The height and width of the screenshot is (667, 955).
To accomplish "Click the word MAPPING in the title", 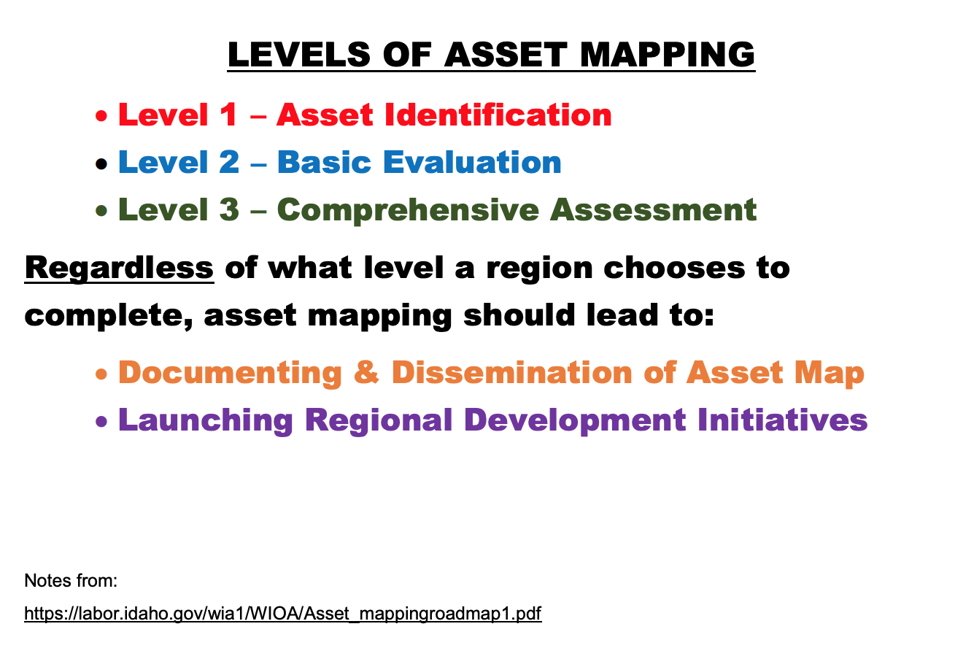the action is coord(668,55).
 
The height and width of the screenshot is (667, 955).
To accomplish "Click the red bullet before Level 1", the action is coord(101,115).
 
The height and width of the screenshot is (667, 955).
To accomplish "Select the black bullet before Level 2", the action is coord(101,163).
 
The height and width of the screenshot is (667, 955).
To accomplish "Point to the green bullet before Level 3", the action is coord(101,211).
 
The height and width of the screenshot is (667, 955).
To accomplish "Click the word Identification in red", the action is coord(498,115).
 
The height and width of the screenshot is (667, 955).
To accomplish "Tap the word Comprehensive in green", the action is coord(408,211).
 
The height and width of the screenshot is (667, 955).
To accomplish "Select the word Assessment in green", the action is coord(653,210).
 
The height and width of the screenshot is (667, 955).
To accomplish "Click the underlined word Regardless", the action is coord(120,269).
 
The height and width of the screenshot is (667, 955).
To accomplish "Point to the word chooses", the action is coord(674,268).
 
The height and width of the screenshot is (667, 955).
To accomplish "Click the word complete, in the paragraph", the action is coord(109,316).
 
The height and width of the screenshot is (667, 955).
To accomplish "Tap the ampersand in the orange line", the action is coord(366,372).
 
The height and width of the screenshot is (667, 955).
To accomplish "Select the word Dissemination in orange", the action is coord(511,372).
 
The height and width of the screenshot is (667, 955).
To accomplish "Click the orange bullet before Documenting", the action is coord(101,374).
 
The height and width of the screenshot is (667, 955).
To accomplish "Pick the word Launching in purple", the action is coord(206,420).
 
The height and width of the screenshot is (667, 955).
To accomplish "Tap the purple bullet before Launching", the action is coord(101,422).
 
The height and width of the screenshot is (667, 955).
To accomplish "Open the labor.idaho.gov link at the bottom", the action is coord(282,614).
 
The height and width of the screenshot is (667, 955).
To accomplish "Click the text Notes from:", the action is coord(71,581).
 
